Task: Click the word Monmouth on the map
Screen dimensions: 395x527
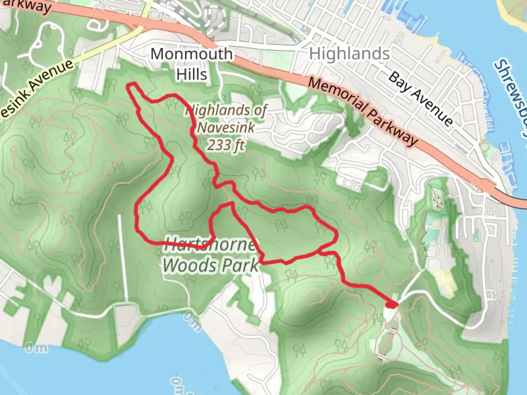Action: pos(191,54)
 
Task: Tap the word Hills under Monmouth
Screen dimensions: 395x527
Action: pos(191,74)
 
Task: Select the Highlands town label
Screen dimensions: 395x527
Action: pos(349,54)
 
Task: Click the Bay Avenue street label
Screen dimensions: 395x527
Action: pos(420,98)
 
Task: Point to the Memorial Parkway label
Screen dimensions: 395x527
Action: pos(363,112)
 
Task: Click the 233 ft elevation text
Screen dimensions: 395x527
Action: pos(226,145)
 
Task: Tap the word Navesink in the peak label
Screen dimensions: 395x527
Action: pos(226,128)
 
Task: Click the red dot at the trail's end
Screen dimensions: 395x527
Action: pos(391,304)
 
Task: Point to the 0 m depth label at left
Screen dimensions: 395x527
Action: pos(36,348)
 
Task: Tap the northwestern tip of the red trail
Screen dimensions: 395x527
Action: pos(129,86)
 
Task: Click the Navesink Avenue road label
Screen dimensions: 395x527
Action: pos(37,92)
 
